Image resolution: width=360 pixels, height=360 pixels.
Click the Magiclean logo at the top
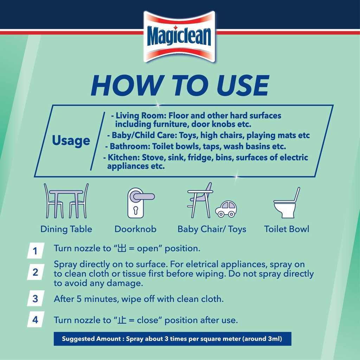click(180, 37)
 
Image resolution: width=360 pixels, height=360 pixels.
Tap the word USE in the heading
click(243, 85)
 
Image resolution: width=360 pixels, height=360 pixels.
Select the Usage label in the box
click(71, 140)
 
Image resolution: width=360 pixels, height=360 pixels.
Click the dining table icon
click(66, 201)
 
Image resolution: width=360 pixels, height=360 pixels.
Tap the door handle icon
click(141, 203)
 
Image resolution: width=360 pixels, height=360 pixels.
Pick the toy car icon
click(226, 208)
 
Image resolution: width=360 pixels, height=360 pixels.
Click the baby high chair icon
click(200, 200)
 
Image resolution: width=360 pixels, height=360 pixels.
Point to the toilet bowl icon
click(287, 203)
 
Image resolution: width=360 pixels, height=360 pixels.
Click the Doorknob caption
click(135, 229)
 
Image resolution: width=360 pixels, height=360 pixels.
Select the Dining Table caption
click(66, 229)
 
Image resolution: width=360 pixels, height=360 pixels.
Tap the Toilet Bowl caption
click(287, 229)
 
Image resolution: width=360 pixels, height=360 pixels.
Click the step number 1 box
click(36, 250)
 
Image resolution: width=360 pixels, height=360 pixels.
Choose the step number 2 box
click(36, 272)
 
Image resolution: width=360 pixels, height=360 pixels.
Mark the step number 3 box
click(36, 298)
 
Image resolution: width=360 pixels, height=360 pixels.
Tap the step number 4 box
click(36, 319)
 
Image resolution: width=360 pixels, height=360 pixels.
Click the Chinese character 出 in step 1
click(122, 249)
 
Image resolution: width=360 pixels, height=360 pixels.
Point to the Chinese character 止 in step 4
click(122, 320)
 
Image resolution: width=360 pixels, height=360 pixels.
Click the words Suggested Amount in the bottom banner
click(91, 339)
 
